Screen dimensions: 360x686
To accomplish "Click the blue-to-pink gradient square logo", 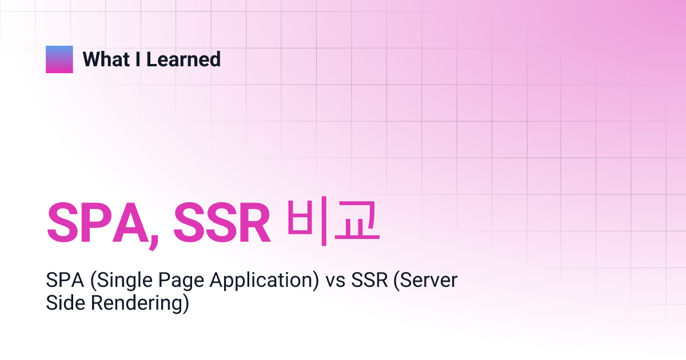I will [59, 59].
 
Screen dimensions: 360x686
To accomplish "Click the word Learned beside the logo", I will [184, 59].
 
